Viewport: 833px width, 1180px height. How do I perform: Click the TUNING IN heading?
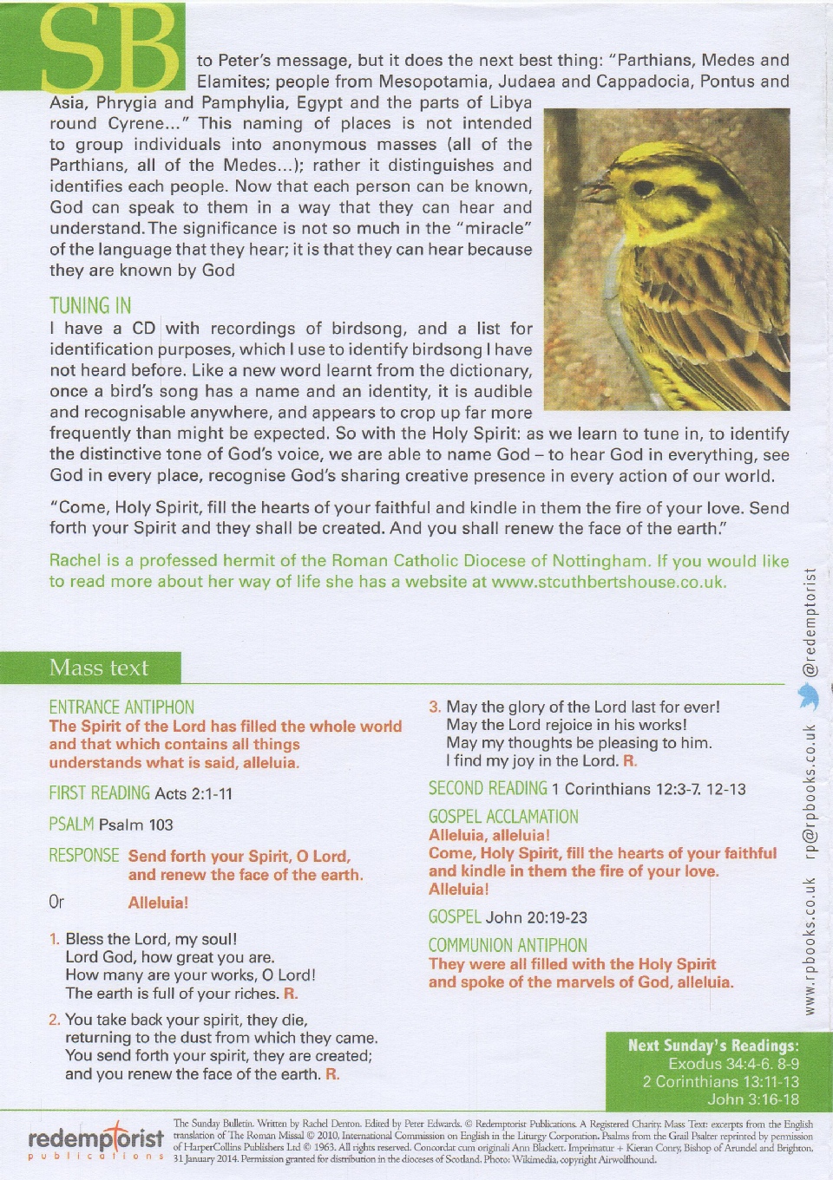pyautogui.click(x=90, y=306)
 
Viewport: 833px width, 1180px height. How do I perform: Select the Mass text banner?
pyautogui.click(x=98, y=668)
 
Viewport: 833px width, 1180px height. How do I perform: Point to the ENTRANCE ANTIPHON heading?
pyautogui.click(x=121, y=707)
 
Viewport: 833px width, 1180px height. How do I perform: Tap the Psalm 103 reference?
pyautogui.click(x=136, y=825)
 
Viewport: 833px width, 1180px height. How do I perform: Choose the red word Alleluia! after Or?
pyautogui.click(x=158, y=903)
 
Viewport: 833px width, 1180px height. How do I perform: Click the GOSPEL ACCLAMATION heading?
pyautogui.click(x=503, y=817)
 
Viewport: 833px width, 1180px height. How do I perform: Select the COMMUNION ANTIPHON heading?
pyautogui.click(x=508, y=945)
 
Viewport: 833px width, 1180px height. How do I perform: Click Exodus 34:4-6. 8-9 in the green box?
pyautogui.click(x=733, y=1064)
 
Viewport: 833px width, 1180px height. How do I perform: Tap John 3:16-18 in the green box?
pyautogui.click(x=752, y=1099)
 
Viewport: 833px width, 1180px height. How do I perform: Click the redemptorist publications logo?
pyautogui.click(x=95, y=1140)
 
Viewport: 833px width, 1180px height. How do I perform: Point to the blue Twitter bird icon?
pyautogui.click(x=809, y=695)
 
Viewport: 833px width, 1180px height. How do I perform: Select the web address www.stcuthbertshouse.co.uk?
pyautogui.click(x=608, y=582)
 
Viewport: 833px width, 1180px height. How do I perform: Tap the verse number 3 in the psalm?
pyautogui.click(x=435, y=707)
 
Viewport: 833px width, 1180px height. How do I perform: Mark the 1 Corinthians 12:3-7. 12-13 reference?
pyautogui.click(x=648, y=789)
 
